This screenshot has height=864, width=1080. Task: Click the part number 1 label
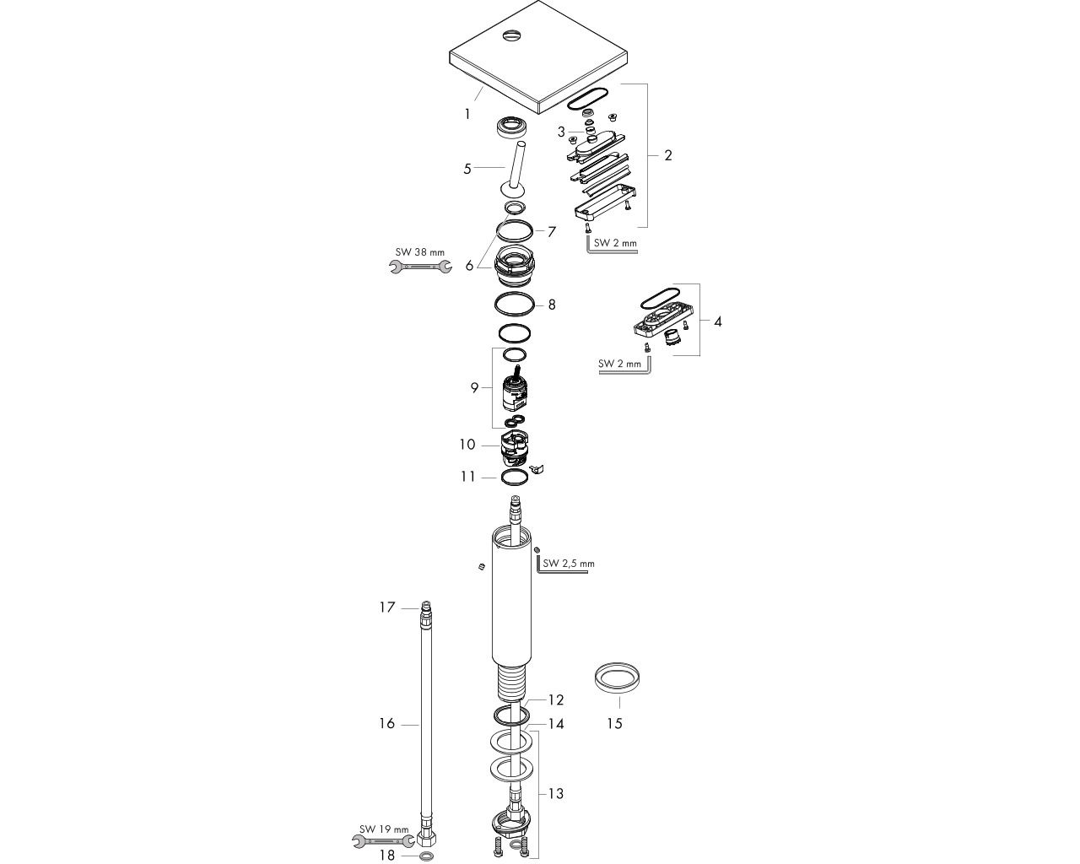[467, 115]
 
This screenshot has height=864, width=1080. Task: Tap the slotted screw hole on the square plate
[511, 35]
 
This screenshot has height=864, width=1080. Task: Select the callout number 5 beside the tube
[467, 169]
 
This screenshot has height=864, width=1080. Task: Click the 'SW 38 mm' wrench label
[420, 252]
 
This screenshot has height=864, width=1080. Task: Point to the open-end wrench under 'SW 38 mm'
[420, 267]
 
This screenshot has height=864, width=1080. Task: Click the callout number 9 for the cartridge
[474, 387]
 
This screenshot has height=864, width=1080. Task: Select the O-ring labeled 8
[514, 305]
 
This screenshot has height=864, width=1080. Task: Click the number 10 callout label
[467, 445]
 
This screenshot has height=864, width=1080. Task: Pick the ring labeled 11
[515, 478]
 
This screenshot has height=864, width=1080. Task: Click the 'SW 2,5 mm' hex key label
[569, 564]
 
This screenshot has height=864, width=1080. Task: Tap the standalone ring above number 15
[617, 678]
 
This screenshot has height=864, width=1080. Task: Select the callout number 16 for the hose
[387, 723]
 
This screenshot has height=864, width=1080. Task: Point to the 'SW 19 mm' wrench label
[384, 829]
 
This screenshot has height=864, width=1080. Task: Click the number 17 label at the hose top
[387, 607]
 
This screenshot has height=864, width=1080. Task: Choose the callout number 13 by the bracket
[556, 794]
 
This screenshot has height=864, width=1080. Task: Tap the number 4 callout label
[718, 321]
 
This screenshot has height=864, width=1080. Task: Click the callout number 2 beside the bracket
[668, 155]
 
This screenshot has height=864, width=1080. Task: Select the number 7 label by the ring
[552, 232]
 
